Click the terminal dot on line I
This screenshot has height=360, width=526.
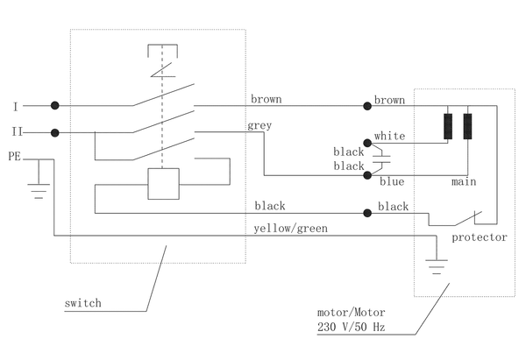pyautogui.click(x=54, y=106)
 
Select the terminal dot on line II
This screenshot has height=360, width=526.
pyautogui.click(x=54, y=133)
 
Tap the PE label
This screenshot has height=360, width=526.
pyautogui.click(x=14, y=156)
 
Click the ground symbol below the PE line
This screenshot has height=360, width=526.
pyautogui.click(x=39, y=191)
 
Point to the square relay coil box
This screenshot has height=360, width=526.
pyautogui.click(x=163, y=184)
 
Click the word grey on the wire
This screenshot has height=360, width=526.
pyautogui.click(x=259, y=125)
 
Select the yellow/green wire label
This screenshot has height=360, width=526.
pyautogui.click(x=290, y=229)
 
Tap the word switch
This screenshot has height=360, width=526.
pyautogui.click(x=83, y=303)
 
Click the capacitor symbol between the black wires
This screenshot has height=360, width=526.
pyautogui.click(x=381, y=159)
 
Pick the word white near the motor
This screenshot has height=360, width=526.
pyautogui.click(x=389, y=136)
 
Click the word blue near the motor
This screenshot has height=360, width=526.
pyautogui.click(x=392, y=181)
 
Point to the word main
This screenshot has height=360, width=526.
pyautogui.click(x=464, y=181)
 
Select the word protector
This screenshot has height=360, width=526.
pyautogui.click(x=479, y=237)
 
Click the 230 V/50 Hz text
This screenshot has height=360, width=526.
pyautogui.click(x=352, y=327)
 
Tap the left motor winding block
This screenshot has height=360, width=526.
pyautogui.click(x=448, y=126)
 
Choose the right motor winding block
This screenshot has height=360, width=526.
pyautogui.click(x=467, y=126)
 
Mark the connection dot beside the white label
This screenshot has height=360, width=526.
pyautogui.click(x=367, y=143)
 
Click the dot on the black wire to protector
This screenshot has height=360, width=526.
pyautogui.click(x=367, y=213)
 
